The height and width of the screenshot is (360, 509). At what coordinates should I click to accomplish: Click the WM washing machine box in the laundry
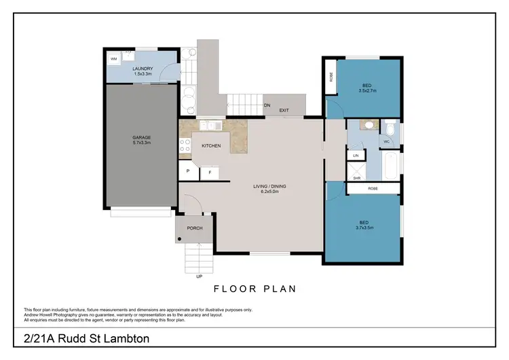tap(114, 59)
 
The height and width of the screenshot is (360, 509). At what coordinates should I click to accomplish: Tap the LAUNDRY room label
tap(143, 71)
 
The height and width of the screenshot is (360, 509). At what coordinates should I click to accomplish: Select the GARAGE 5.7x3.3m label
tap(141, 141)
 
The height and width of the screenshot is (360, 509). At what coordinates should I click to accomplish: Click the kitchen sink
tap(210, 126)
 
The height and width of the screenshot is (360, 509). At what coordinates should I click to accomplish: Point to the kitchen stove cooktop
tap(185, 145)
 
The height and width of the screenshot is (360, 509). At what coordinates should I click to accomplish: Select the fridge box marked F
tap(210, 173)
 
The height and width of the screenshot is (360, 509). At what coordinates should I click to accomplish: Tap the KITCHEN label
tap(211, 146)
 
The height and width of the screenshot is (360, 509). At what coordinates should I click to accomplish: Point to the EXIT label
tap(284, 110)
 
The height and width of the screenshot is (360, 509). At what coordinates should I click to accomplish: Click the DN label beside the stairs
tap(267, 105)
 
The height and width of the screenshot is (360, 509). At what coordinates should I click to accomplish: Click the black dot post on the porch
tap(179, 239)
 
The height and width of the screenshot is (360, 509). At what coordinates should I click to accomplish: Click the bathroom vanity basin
tap(369, 125)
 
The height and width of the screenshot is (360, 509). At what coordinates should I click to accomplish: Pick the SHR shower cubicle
tap(356, 173)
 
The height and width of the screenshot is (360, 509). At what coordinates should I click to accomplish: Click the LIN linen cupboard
tap(356, 156)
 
